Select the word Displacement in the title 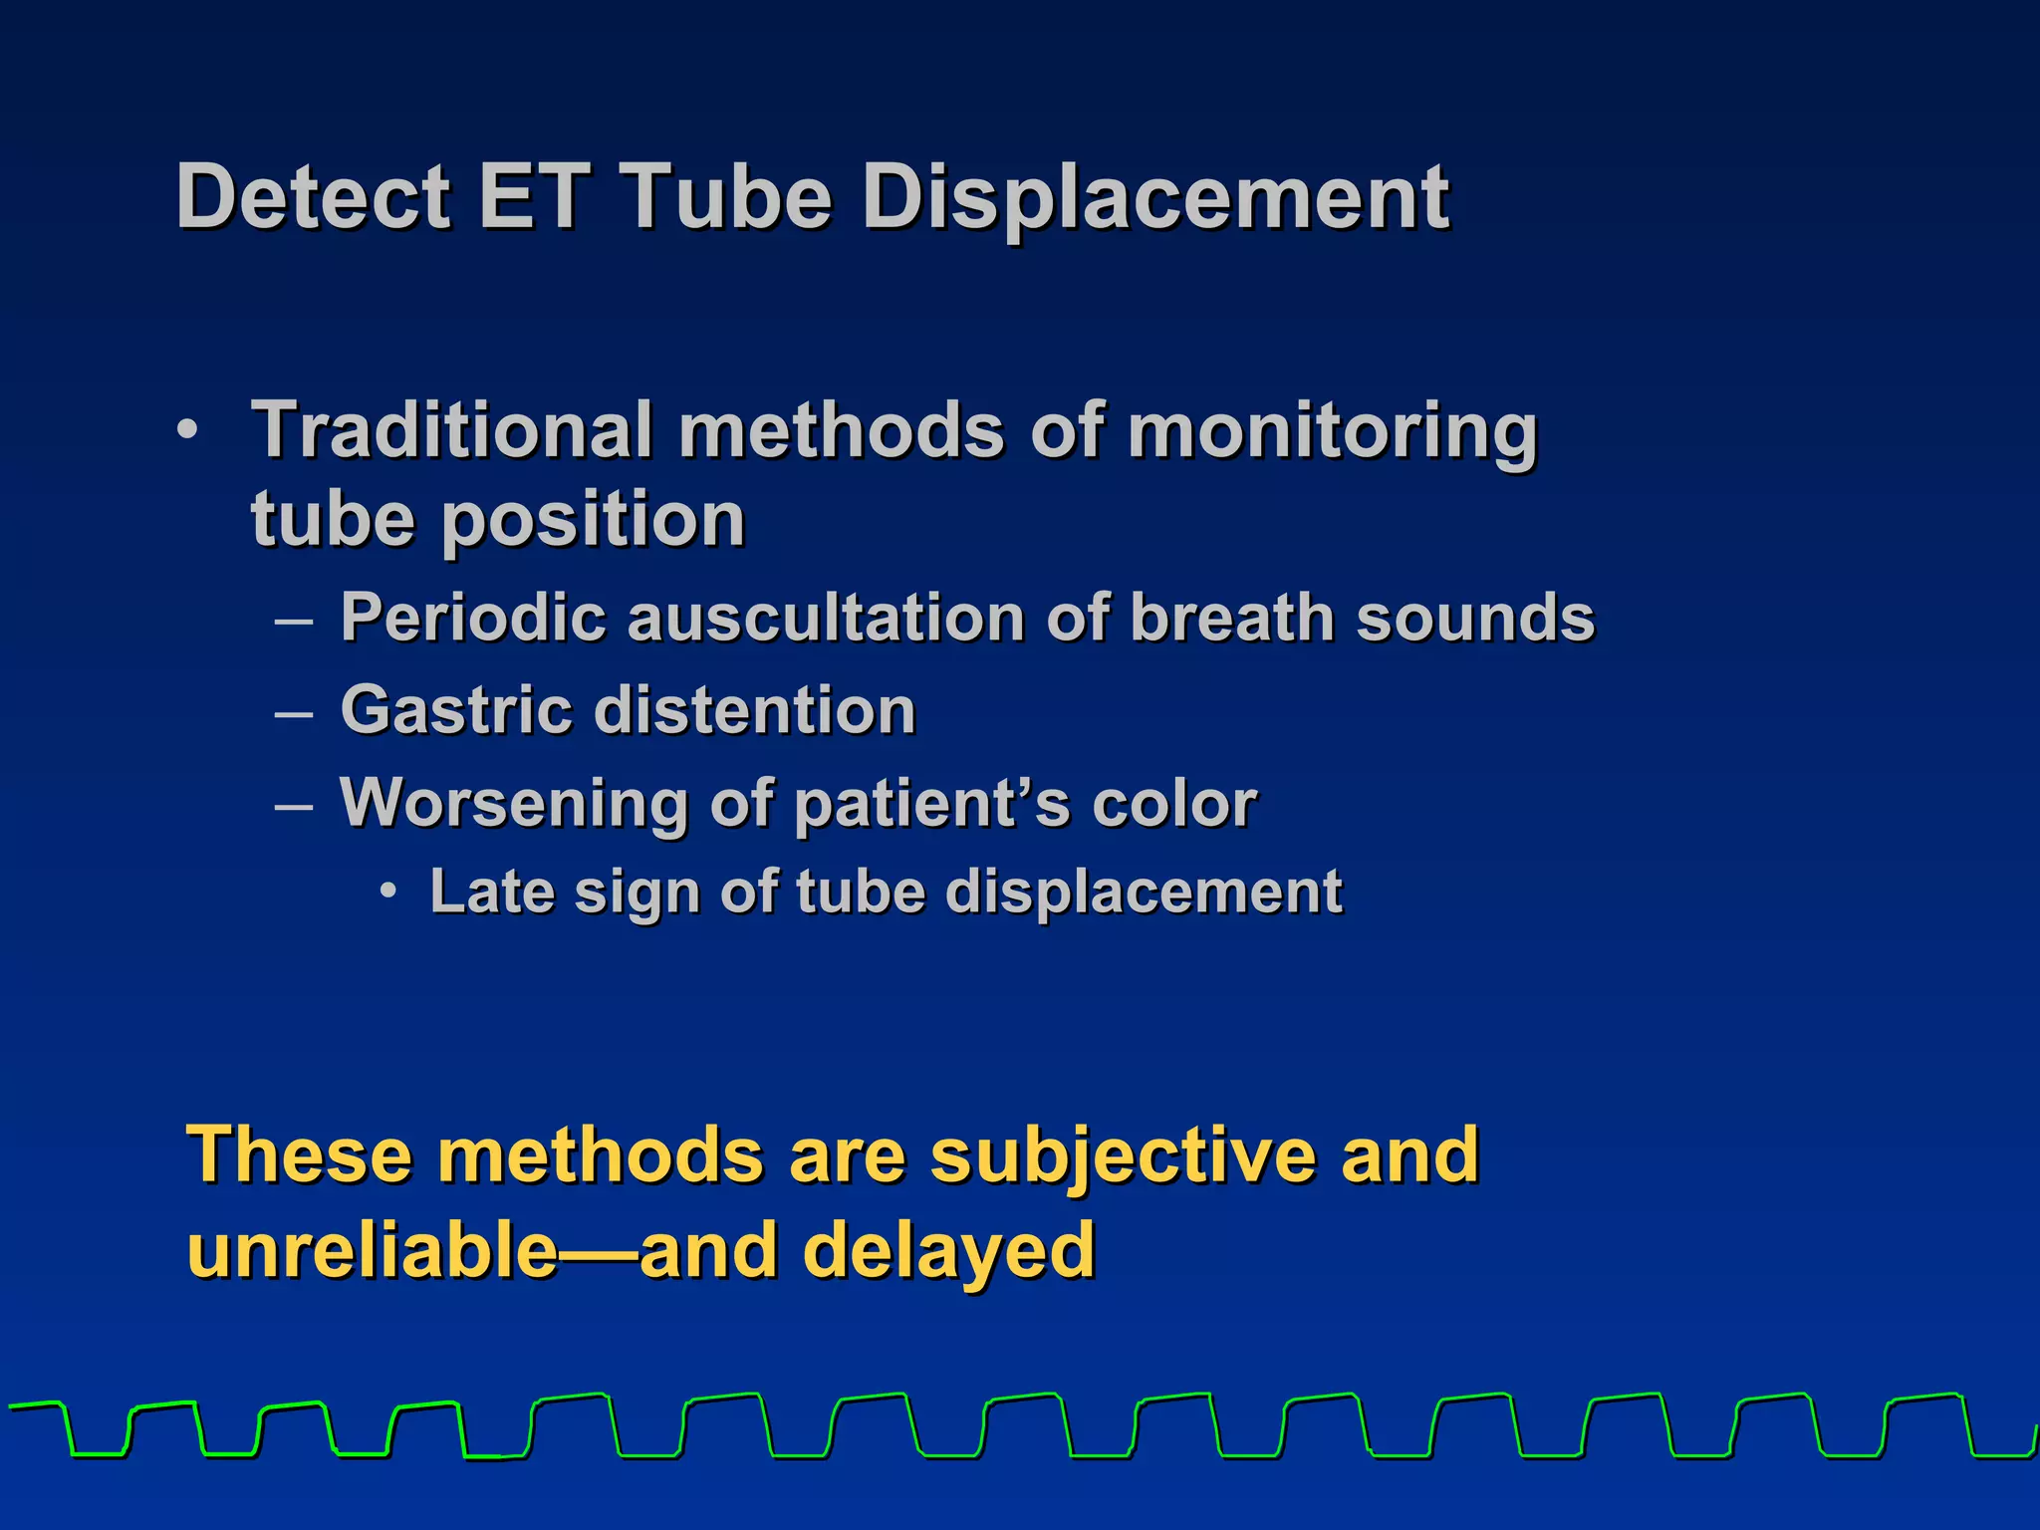[1155, 199]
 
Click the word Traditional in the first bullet [451, 430]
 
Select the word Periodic [473, 618]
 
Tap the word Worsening [513, 803]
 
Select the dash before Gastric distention [294, 713]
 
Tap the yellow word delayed [948, 1251]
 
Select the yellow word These [299, 1155]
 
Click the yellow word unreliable [373, 1251]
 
